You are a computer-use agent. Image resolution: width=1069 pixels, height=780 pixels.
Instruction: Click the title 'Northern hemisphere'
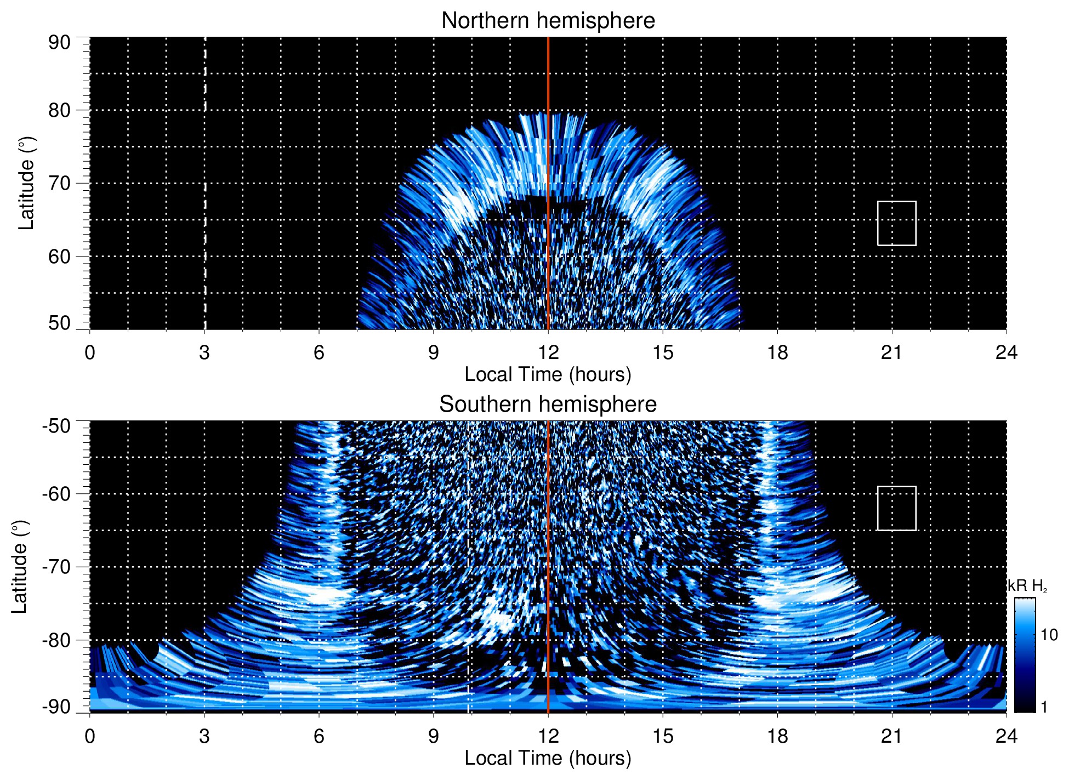coord(548,21)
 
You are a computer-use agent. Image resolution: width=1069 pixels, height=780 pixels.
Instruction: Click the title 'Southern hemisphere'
coord(548,405)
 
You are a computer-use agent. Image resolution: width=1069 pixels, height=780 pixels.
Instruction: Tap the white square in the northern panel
coord(896,223)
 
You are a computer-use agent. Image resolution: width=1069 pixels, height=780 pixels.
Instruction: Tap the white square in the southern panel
coord(896,508)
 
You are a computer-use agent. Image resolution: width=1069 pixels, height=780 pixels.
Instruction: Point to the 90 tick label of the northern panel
coord(59,43)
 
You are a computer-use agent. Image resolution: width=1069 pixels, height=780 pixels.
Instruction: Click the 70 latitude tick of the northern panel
coord(59,183)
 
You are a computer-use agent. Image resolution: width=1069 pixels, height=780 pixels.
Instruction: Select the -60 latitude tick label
coord(56,494)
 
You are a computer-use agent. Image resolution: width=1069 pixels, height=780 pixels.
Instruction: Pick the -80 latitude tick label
coord(56,640)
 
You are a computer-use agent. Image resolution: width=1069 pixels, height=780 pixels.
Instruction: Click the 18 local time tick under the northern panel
coord(777,352)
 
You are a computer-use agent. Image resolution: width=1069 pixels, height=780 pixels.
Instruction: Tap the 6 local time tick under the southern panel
coord(319,736)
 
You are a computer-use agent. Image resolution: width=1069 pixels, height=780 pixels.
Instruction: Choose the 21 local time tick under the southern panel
coord(892,736)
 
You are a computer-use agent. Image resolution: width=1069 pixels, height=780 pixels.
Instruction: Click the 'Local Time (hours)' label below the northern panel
coord(548,374)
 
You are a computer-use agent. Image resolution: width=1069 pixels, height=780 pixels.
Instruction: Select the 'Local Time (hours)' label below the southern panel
coord(548,758)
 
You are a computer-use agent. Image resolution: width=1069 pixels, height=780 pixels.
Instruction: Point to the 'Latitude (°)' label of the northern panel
coord(26,183)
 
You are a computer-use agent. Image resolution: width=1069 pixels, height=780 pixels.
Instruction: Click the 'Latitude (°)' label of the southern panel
coord(19,567)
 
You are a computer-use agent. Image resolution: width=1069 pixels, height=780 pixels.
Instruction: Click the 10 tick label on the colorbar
coord(1049,635)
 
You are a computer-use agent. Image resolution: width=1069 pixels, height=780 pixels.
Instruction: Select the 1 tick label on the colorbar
coord(1044,707)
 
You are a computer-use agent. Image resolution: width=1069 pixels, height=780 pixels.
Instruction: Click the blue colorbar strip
coord(1024,655)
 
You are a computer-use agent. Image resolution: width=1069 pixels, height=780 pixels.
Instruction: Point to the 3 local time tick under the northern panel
coord(204,352)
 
